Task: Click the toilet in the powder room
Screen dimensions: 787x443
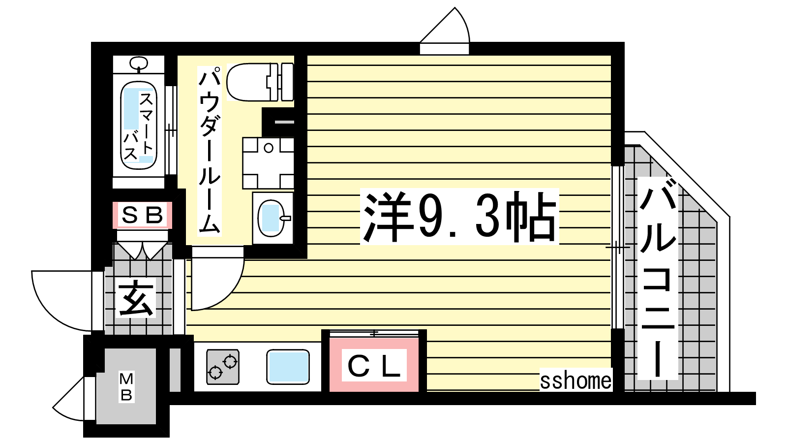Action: click(260, 82)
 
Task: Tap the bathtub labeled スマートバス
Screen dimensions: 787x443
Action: click(138, 126)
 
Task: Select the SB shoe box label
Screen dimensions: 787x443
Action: click(142, 215)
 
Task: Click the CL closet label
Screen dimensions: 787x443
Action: click(374, 366)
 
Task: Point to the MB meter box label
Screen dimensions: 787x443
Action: click(126, 387)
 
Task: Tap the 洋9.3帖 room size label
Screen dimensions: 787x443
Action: click(459, 217)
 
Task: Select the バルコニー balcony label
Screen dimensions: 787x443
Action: click(658, 278)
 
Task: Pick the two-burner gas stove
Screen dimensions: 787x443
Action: click(223, 367)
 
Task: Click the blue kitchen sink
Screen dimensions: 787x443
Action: click(288, 367)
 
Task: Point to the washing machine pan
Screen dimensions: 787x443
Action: click(268, 163)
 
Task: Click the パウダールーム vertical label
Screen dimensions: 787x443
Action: click(210, 151)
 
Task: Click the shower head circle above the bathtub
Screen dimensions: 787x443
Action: click(139, 63)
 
